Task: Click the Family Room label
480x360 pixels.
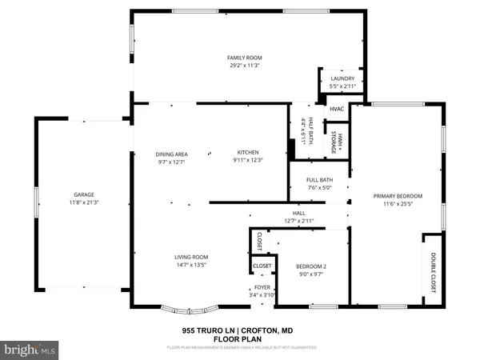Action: pyautogui.click(x=245, y=58)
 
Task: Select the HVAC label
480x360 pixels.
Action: pyautogui.click(x=337, y=109)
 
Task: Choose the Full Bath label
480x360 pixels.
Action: pyautogui.click(x=318, y=181)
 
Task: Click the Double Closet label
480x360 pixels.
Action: pyautogui.click(x=433, y=272)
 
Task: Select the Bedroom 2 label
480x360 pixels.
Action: pyautogui.click(x=309, y=266)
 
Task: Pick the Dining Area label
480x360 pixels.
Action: pyautogui.click(x=170, y=154)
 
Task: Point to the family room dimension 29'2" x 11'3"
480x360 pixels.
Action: pyautogui.click(x=245, y=65)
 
